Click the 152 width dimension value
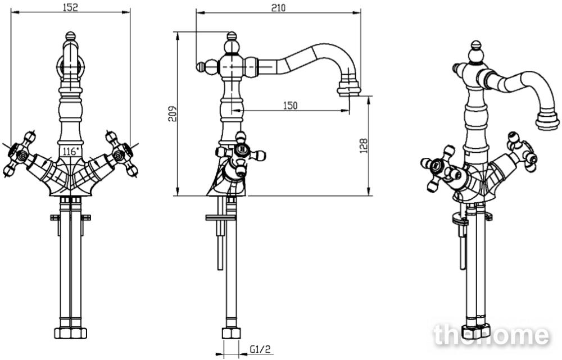[70, 7]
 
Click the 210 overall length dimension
[278, 7]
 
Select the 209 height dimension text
[173, 113]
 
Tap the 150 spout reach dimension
[291, 106]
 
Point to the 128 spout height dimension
[364, 146]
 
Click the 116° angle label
[70, 151]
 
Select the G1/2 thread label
[260, 349]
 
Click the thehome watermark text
[491, 335]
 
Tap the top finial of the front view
[71, 36]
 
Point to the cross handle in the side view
[241, 154]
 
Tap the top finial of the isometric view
[475, 47]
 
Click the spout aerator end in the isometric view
[547, 121]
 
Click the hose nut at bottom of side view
[231, 333]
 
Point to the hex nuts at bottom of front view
[71, 333]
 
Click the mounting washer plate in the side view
[221, 217]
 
